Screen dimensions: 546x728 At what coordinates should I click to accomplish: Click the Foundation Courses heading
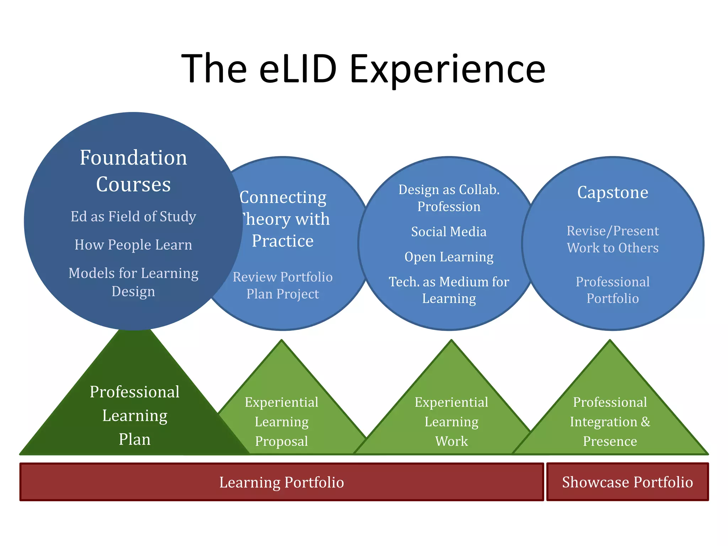(x=133, y=171)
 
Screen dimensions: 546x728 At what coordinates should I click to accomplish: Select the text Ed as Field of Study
(x=133, y=216)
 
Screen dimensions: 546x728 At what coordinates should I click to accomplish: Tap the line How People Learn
(x=133, y=245)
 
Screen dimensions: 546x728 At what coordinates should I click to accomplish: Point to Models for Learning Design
(x=133, y=282)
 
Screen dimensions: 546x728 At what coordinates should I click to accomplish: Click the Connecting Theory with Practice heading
(x=283, y=219)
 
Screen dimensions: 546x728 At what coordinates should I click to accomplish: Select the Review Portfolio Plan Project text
(x=283, y=285)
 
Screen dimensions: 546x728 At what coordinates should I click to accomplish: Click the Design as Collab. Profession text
(x=449, y=198)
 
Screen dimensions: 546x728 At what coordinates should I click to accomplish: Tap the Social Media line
(x=449, y=232)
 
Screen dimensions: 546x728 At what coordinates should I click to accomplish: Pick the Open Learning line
(x=449, y=257)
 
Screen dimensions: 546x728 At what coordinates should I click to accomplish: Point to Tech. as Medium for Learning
(x=449, y=290)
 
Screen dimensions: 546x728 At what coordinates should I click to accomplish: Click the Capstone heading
(x=612, y=193)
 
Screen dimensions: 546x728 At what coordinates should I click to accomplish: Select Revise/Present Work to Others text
(x=612, y=239)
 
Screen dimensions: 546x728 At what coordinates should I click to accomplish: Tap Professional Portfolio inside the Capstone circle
(x=612, y=290)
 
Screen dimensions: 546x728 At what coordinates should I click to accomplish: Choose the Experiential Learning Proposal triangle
(x=282, y=422)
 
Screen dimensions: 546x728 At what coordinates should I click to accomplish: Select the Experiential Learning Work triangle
(x=451, y=422)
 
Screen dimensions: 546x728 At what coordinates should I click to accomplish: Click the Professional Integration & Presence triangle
(x=610, y=422)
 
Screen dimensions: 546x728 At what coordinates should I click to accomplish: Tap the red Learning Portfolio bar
(x=282, y=482)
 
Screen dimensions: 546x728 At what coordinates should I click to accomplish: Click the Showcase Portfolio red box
(x=627, y=482)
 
